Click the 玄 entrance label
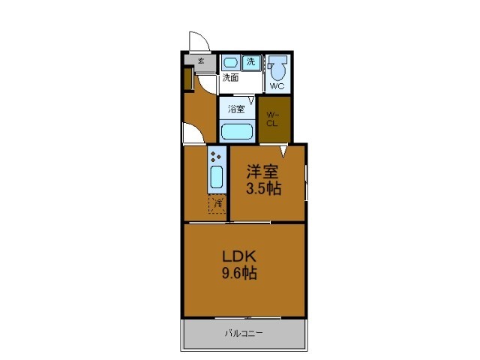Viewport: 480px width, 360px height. (200, 61)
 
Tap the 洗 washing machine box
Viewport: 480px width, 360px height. (252, 62)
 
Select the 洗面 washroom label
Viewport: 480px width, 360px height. (230, 76)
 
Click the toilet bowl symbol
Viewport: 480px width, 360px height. (278, 70)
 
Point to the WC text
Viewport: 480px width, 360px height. (277, 86)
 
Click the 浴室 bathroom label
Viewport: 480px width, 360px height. (236, 109)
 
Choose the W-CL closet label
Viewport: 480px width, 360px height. (273, 119)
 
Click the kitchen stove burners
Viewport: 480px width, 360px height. (216, 157)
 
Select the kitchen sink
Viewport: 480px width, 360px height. (216, 178)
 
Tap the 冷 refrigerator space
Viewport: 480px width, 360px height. (216, 203)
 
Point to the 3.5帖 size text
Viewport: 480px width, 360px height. (264, 189)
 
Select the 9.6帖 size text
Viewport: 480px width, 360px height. (238, 274)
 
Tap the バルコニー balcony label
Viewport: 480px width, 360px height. (244, 333)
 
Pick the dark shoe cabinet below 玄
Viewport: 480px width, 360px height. (188, 79)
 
